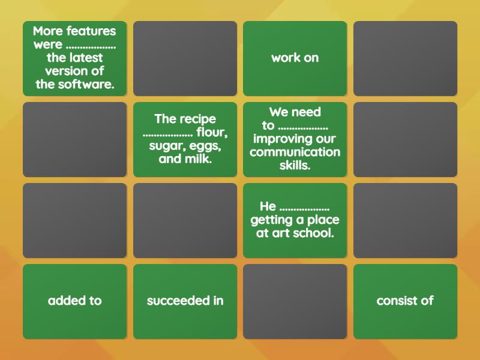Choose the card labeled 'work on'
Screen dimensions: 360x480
pos(295,58)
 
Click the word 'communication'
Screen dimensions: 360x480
pos(295,152)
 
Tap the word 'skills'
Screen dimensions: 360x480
pos(295,166)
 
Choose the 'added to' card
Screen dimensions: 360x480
pos(75,301)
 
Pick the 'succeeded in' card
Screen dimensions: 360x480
pos(185,301)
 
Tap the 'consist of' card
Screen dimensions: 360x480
pos(405,301)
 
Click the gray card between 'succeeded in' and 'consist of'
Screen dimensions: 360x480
pos(295,301)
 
